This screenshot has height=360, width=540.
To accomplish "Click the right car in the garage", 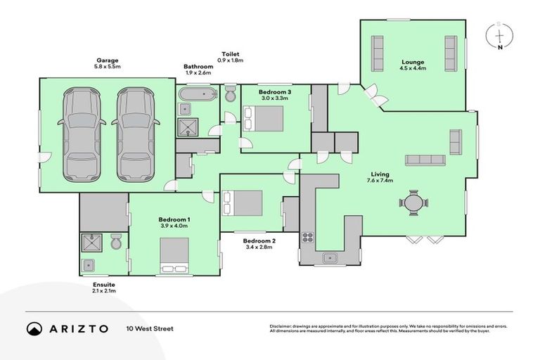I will click(x=136, y=134).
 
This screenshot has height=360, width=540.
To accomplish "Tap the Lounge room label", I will click(x=412, y=62).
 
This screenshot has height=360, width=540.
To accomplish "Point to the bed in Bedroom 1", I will click(x=174, y=255).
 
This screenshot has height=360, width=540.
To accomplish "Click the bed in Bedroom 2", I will click(x=242, y=203).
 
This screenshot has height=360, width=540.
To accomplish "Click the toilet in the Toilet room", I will click(x=230, y=94).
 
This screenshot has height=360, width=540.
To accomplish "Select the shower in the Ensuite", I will click(x=91, y=243).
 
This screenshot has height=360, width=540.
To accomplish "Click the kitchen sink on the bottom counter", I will click(x=330, y=258).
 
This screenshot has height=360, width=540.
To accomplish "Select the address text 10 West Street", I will click(x=150, y=328).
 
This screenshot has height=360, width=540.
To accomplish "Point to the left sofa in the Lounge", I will click(x=378, y=51).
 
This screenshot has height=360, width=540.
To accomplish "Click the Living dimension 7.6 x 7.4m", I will click(x=380, y=181).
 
